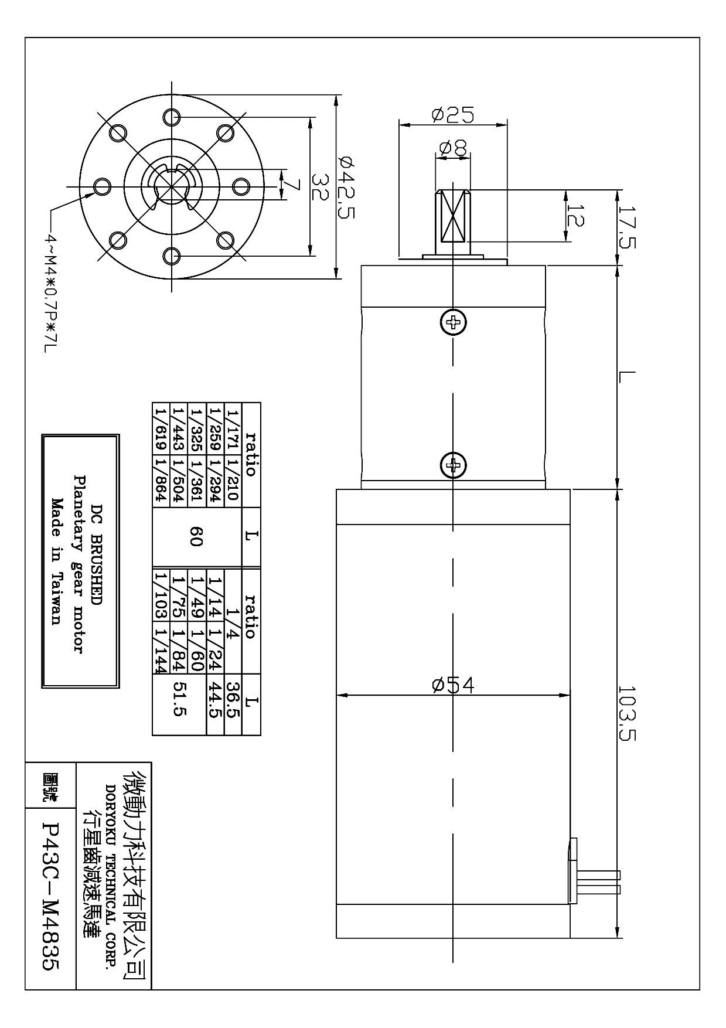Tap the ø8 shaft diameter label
pyautogui.click(x=452, y=148)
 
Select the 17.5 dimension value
pyautogui.click(x=626, y=227)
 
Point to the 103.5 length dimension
pyautogui.click(x=626, y=713)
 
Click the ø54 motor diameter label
pyautogui.click(x=453, y=685)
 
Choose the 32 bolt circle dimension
pyautogui.click(x=319, y=186)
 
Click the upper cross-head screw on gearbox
pyautogui.click(x=453, y=321)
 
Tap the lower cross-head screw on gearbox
pyautogui.click(x=453, y=465)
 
